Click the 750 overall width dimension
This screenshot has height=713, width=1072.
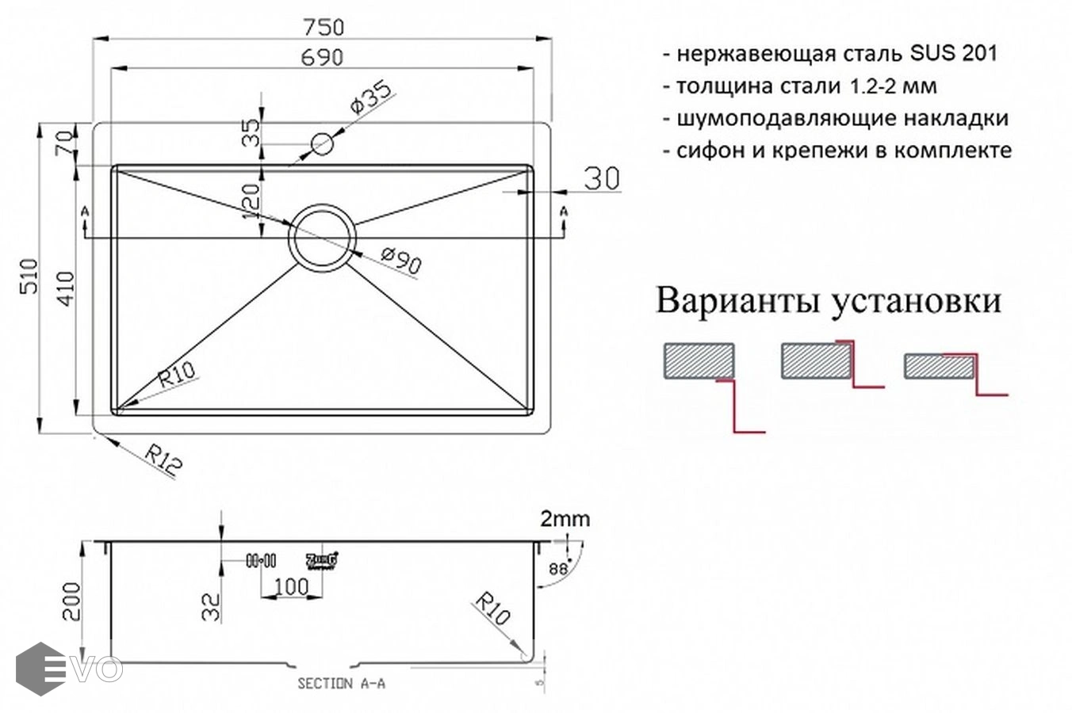(x=324, y=27)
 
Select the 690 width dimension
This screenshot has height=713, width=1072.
(x=324, y=57)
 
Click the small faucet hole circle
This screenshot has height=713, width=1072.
(x=322, y=144)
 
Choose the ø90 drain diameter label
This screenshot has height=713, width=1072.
(x=400, y=260)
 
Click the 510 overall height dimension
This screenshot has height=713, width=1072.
(x=29, y=276)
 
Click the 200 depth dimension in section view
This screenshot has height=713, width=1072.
(x=71, y=602)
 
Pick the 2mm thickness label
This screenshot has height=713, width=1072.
(x=565, y=520)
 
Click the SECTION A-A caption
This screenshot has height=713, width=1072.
(x=341, y=684)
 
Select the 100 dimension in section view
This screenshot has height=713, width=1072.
(x=291, y=587)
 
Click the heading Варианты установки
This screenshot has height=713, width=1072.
(x=829, y=302)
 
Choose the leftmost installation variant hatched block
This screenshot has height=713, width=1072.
(x=699, y=361)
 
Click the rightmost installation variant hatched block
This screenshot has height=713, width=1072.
(x=939, y=366)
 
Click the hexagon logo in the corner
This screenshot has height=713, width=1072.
(x=40, y=669)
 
